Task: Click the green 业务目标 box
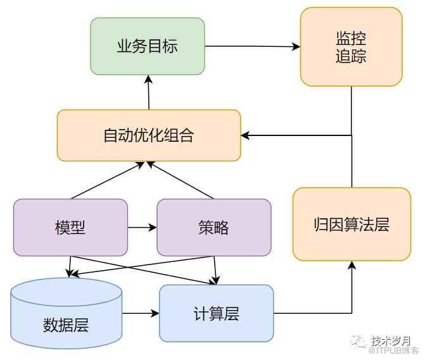pyautogui.click(x=148, y=46)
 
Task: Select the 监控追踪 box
pyautogui.click(x=351, y=47)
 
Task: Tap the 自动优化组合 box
pyautogui.click(x=149, y=135)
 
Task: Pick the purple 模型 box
pyautogui.click(x=70, y=227)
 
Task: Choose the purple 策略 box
pyautogui.click(x=213, y=227)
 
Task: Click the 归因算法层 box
pyautogui.click(x=352, y=224)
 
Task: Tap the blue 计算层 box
pyautogui.click(x=216, y=313)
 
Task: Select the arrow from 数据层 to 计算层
pyautogui.click(x=140, y=313)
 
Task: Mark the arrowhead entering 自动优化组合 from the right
pyautogui.click(x=245, y=135)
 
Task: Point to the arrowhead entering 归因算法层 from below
pyautogui.click(x=352, y=264)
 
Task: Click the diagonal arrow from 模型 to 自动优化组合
pyautogui.click(x=108, y=180)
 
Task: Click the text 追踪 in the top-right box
pyautogui.click(x=351, y=56)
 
